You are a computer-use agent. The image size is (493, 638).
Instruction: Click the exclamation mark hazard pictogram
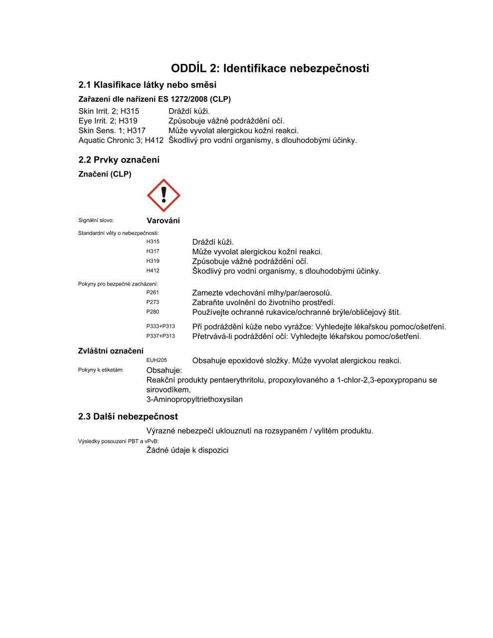coord(164,196)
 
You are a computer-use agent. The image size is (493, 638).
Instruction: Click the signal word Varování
coord(163,221)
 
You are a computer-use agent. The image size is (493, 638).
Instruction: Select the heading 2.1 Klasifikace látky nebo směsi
coord(147,85)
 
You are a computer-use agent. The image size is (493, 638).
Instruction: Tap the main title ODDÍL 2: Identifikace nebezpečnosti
coord(270,68)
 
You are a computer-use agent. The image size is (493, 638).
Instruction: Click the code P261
coord(153,293)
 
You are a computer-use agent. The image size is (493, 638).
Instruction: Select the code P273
coord(153,302)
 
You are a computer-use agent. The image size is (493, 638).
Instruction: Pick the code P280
coord(153,312)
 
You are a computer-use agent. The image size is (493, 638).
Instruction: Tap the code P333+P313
coord(161,326)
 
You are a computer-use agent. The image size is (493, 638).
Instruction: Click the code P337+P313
coord(161,336)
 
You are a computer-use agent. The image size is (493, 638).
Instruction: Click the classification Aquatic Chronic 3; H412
coord(121,141)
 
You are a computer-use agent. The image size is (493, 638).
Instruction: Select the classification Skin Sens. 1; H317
coord(112,131)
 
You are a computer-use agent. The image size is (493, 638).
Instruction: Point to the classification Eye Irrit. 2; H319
coord(108,121)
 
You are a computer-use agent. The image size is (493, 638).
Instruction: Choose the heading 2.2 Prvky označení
coord(119,160)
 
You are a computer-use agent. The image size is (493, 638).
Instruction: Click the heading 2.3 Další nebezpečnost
coord(128,417)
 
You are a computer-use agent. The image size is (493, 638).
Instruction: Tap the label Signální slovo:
coord(96,220)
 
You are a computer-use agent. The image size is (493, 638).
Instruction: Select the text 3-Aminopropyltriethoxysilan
coord(194,399)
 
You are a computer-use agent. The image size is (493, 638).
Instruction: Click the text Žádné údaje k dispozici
coord(187,450)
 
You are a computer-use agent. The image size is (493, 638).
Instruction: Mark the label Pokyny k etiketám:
coord(101,370)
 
